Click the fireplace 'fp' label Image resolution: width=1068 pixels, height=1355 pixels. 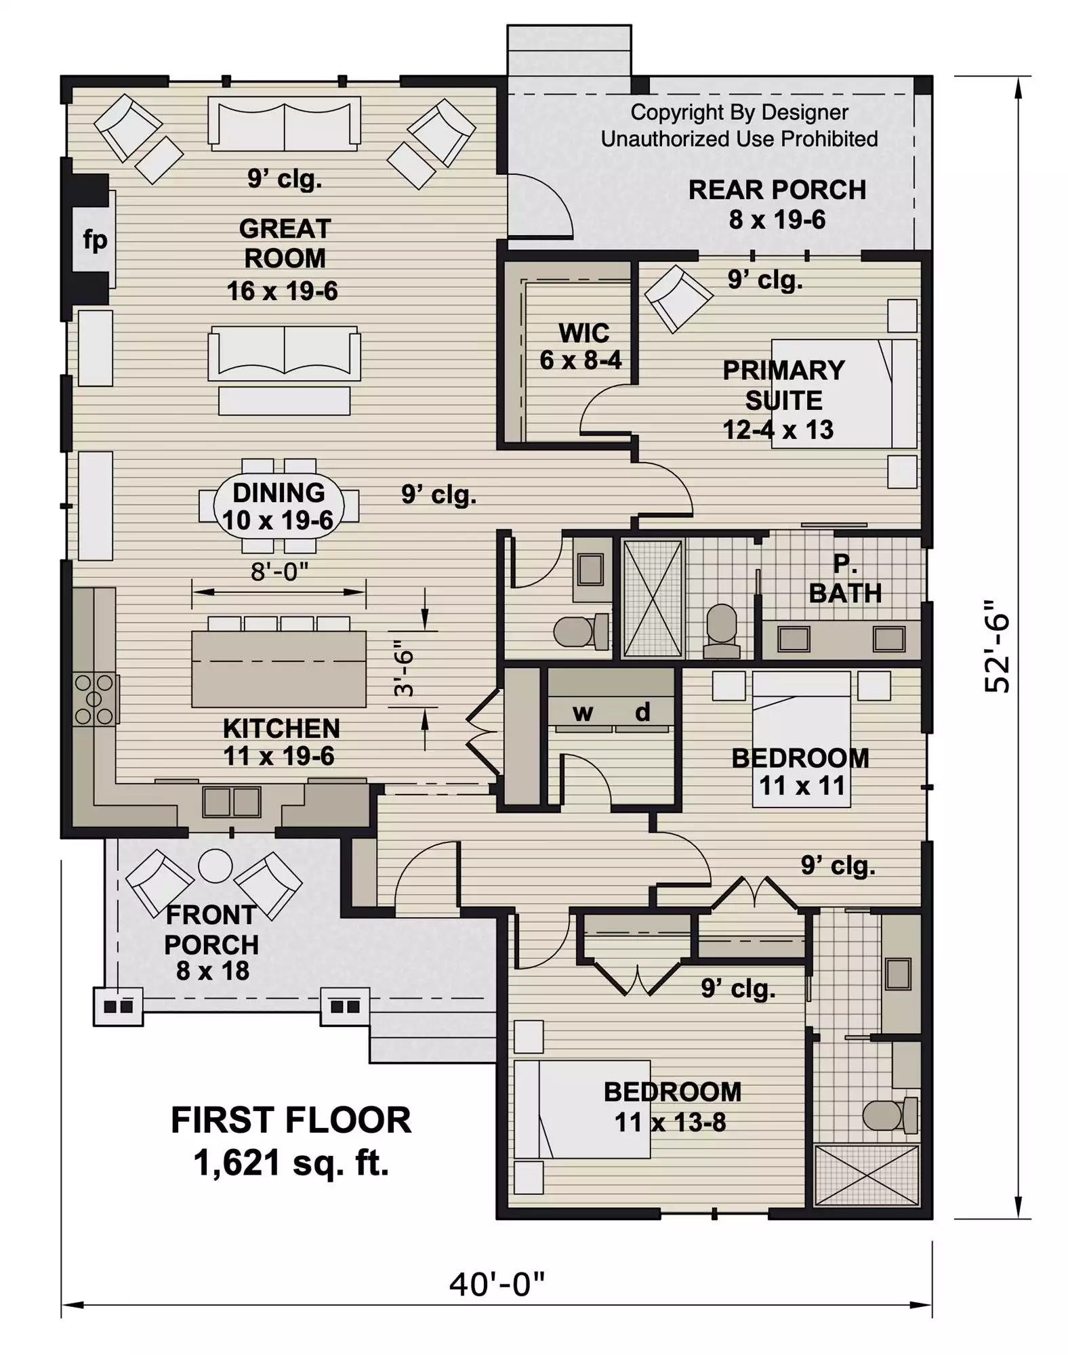[95, 241]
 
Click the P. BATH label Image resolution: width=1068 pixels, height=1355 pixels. [845, 579]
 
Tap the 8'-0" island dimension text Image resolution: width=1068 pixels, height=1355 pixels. [279, 572]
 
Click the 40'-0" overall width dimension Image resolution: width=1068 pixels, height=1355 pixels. [497, 1283]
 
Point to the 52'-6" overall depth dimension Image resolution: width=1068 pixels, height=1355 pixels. [997, 645]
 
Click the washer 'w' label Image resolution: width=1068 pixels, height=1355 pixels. [583, 712]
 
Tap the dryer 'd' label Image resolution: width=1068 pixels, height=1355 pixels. [642, 711]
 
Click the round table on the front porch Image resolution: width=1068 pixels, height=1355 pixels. [215, 865]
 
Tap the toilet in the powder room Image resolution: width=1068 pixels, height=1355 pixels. [581, 631]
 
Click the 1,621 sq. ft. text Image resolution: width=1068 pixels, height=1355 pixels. [291, 1163]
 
